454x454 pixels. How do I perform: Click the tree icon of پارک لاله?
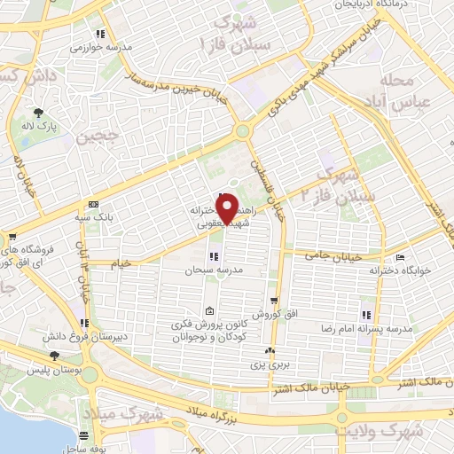point(38,112)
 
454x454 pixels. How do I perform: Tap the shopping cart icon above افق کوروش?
point(275,301)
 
